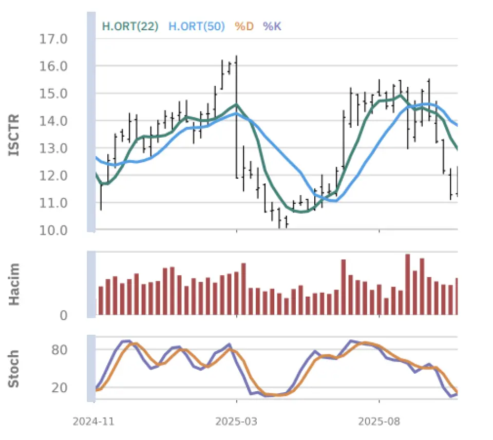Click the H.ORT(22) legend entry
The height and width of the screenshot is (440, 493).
coord(130,26)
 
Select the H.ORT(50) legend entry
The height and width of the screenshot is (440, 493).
coord(197,26)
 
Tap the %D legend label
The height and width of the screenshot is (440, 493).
coord(244,26)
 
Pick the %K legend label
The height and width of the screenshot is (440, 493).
coord(272,26)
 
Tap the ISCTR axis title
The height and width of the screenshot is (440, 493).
coord(14,135)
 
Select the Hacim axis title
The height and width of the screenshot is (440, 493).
coord(14,283)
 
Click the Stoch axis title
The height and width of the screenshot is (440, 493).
coord(14,368)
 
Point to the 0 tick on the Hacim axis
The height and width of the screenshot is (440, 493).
coord(64,315)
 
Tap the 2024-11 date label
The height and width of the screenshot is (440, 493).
coord(93,422)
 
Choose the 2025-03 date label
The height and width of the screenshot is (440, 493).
coord(236,422)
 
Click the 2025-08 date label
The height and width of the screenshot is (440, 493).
coord(379,422)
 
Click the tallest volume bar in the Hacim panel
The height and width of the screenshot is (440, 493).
coord(408,284)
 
